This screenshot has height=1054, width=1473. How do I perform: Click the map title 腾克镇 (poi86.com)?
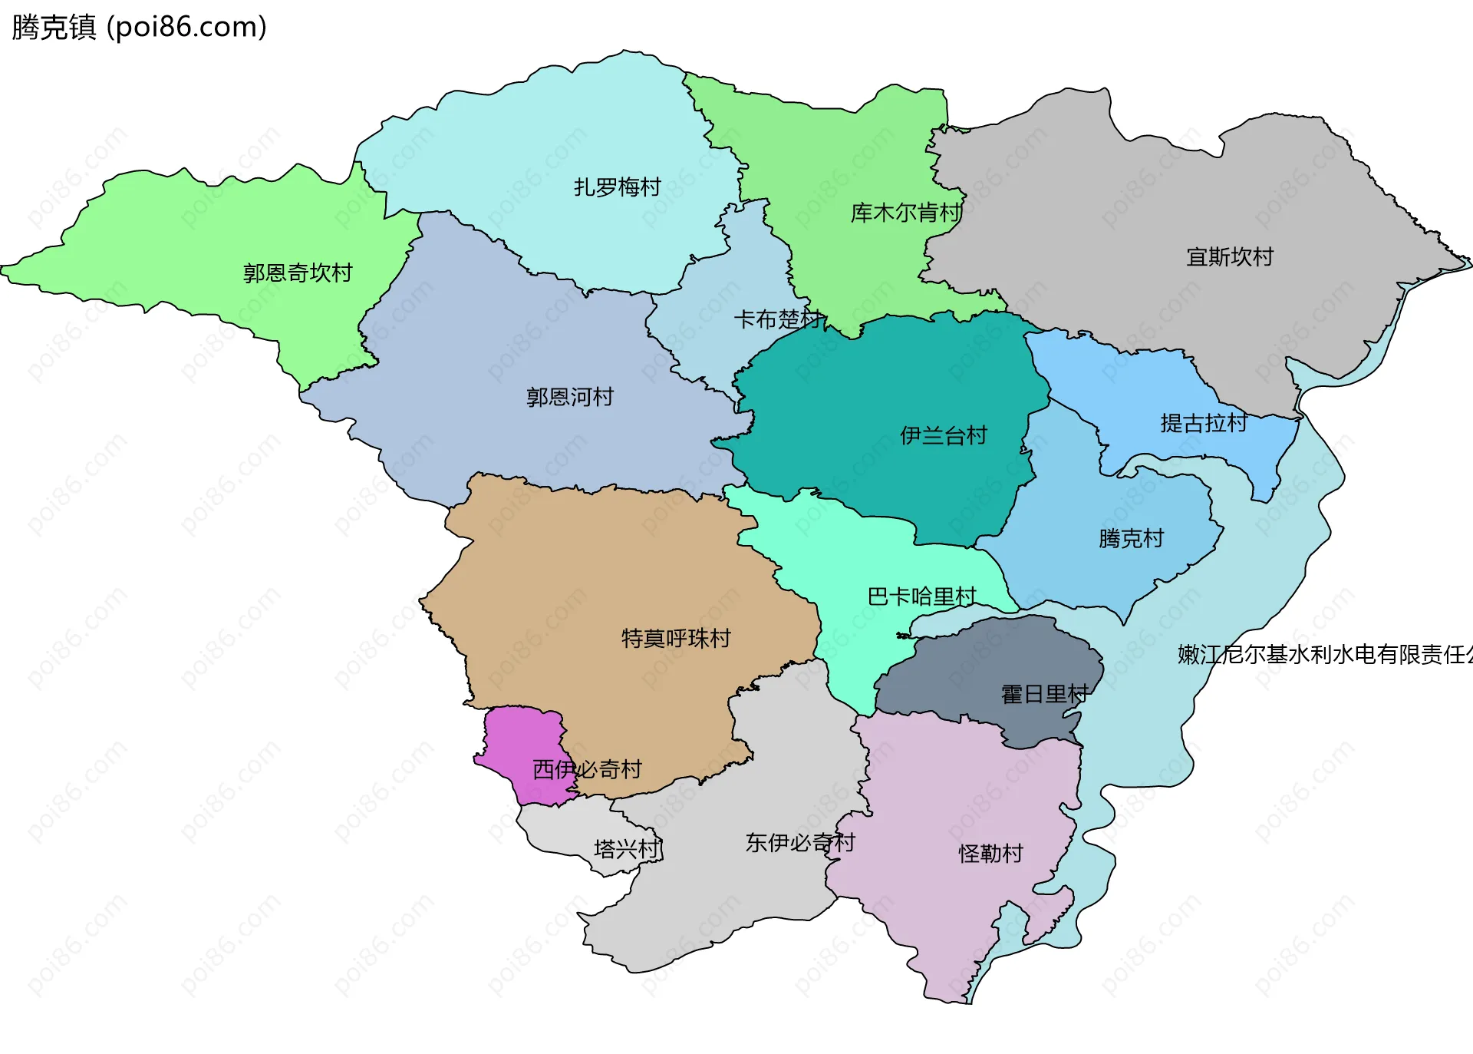coord(139,27)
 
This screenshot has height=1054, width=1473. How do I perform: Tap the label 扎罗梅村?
coord(617,187)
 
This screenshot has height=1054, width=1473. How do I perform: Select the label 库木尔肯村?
coord(905,213)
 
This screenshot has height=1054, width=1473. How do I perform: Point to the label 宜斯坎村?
coord(1229,256)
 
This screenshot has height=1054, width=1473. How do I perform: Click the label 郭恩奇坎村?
coord(297,273)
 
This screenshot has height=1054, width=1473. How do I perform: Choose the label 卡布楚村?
coord(777,319)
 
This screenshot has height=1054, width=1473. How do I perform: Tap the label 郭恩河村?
coord(569,397)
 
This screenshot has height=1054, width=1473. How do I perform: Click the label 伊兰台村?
coord(943,435)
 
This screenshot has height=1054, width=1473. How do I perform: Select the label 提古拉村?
coord(1203,423)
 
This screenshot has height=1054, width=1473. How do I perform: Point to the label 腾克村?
coord(1131,538)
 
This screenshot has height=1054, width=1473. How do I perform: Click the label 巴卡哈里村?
coord(921,596)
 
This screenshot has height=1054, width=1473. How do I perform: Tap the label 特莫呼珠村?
coord(675,638)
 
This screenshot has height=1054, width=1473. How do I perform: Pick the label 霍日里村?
coord(1044,694)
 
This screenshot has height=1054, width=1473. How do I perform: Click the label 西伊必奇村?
coord(587,769)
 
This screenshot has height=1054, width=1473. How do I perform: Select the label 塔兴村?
coord(626,849)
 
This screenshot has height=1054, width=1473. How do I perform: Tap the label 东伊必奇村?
coord(799,843)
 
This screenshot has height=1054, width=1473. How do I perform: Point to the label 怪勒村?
coord(990,853)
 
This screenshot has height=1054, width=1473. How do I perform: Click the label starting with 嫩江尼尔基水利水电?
coord(1324,654)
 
